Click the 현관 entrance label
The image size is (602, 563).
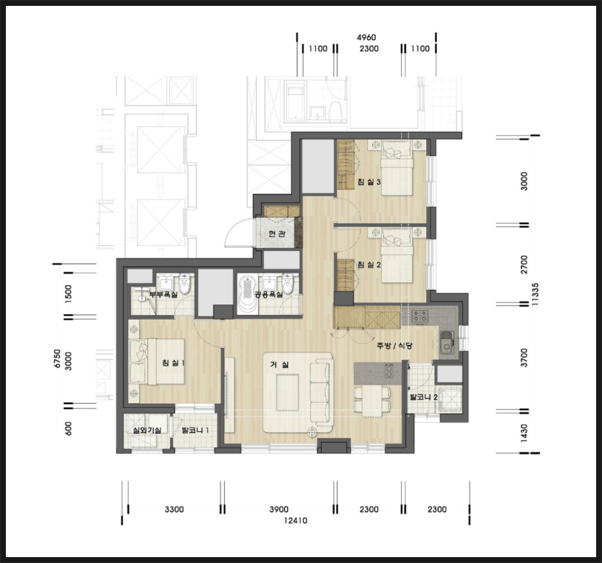276,234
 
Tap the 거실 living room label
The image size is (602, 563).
279,365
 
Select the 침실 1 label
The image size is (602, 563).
173,362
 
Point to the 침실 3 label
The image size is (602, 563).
369,182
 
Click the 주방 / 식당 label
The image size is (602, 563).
394,346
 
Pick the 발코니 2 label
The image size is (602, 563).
423,397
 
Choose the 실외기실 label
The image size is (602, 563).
146,431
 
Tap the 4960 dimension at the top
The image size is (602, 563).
366,38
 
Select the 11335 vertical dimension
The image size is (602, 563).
536,294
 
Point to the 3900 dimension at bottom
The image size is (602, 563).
279,510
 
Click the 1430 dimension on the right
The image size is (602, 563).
524,433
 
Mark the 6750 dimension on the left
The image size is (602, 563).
57,359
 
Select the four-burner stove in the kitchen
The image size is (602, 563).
420,316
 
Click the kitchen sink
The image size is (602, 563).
447,343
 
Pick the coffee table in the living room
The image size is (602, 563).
287,393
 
